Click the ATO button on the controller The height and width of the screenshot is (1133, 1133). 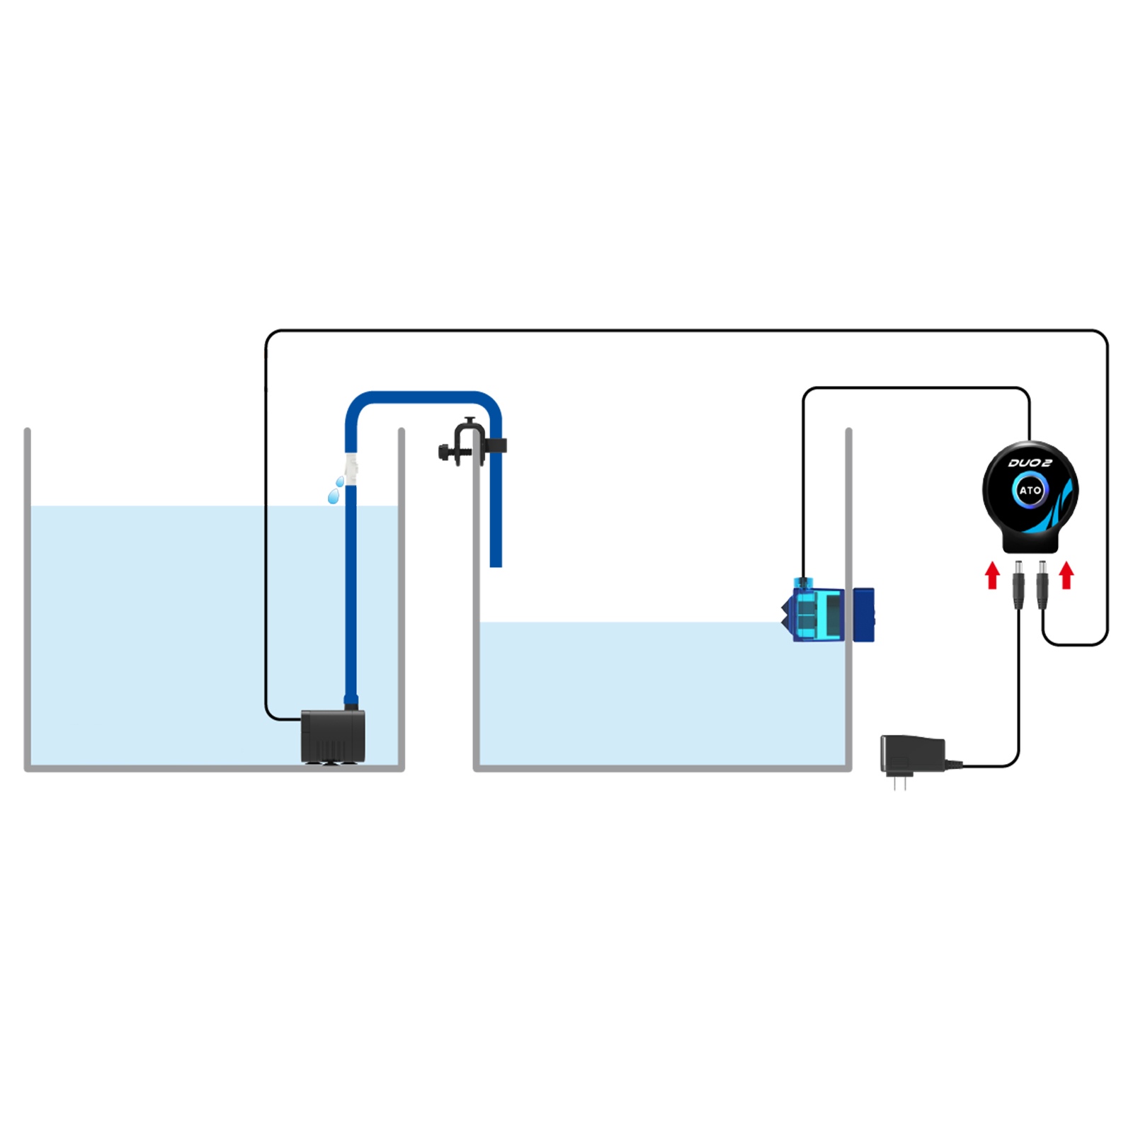1030,490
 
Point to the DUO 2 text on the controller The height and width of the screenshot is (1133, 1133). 1030,463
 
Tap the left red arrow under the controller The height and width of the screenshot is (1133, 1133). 993,575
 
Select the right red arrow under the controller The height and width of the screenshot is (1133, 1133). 1066,575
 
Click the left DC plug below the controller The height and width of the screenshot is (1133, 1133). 1018,585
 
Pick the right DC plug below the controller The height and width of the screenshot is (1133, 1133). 1042,585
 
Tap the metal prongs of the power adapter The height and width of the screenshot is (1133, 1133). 900,782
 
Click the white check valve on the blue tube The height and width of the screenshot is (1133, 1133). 351,468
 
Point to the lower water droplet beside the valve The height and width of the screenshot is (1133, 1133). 333,497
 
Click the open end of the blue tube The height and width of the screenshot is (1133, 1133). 496,564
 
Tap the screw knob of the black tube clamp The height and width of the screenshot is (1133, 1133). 444,452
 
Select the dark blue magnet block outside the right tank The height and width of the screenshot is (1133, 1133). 863,615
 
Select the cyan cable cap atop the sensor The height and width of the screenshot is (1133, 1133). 802,583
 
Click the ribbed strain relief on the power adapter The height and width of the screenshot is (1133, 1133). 953,764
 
